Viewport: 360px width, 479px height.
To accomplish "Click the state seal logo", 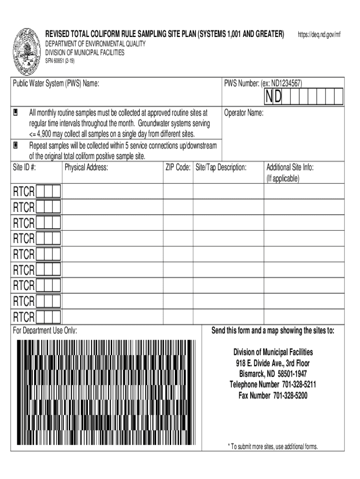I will (x=27, y=51).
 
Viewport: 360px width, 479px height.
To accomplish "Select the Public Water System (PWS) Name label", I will (x=56, y=84).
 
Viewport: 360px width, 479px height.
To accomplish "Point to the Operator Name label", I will (x=244, y=113).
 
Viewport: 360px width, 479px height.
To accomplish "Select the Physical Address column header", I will (x=86, y=167).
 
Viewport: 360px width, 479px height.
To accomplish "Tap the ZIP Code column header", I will (x=178, y=167).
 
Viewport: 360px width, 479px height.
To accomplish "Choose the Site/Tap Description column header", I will (x=221, y=167).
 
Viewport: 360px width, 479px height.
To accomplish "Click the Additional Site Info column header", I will (x=290, y=167).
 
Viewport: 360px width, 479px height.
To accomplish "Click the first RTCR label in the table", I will (x=23, y=192).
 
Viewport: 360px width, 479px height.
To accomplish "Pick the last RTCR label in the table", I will (x=23, y=318).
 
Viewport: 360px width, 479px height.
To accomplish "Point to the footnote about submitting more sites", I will (x=273, y=446).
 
